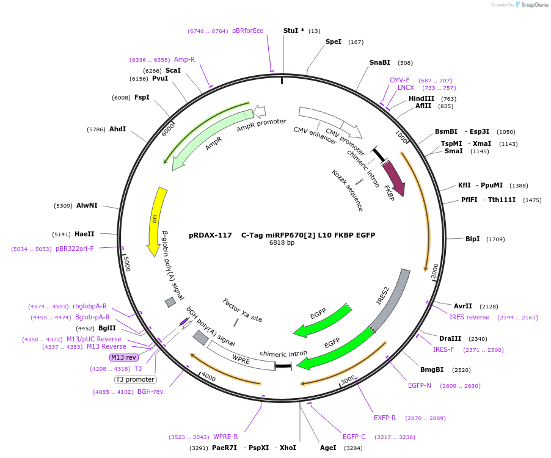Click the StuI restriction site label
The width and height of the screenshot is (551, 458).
(x=293, y=31)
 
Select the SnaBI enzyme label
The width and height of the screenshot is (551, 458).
(x=379, y=62)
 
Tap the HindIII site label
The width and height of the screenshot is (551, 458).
(x=421, y=98)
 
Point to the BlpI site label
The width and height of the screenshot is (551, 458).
(x=473, y=239)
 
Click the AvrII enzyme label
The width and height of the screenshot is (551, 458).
(x=463, y=306)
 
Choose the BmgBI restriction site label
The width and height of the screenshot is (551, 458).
(x=432, y=369)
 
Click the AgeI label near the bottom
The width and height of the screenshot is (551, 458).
(x=328, y=448)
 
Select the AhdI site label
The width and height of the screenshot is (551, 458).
(x=117, y=129)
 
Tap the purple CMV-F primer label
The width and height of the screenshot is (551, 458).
(x=400, y=80)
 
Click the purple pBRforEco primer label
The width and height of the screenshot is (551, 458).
(x=247, y=31)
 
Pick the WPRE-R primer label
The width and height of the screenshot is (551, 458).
(x=225, y=437)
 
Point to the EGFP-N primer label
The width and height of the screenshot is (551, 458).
(x=420, y=385)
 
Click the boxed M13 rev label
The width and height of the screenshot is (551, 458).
(x=123, y=357)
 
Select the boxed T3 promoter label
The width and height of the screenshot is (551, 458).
(x=135, y=379)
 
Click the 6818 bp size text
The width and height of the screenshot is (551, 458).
(x=282, y=243)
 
